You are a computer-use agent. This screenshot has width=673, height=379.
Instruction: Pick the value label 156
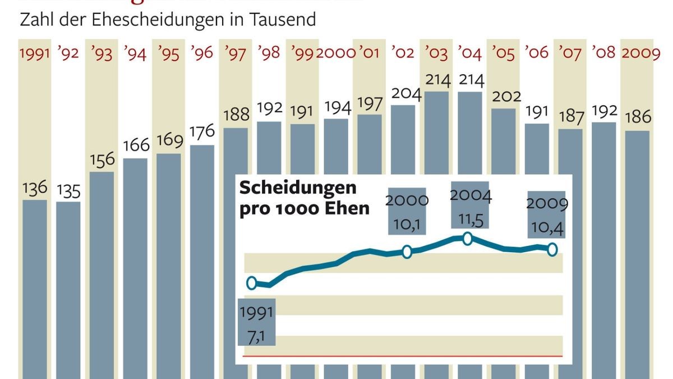pos(102,160)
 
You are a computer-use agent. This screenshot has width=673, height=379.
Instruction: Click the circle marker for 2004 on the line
pos(467,239)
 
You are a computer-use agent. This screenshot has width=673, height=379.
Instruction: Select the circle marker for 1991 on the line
pos(252,283)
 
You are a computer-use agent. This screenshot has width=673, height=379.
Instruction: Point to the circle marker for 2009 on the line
pos(552,249)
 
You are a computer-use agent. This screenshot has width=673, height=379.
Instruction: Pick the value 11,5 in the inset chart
pos(470,218)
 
